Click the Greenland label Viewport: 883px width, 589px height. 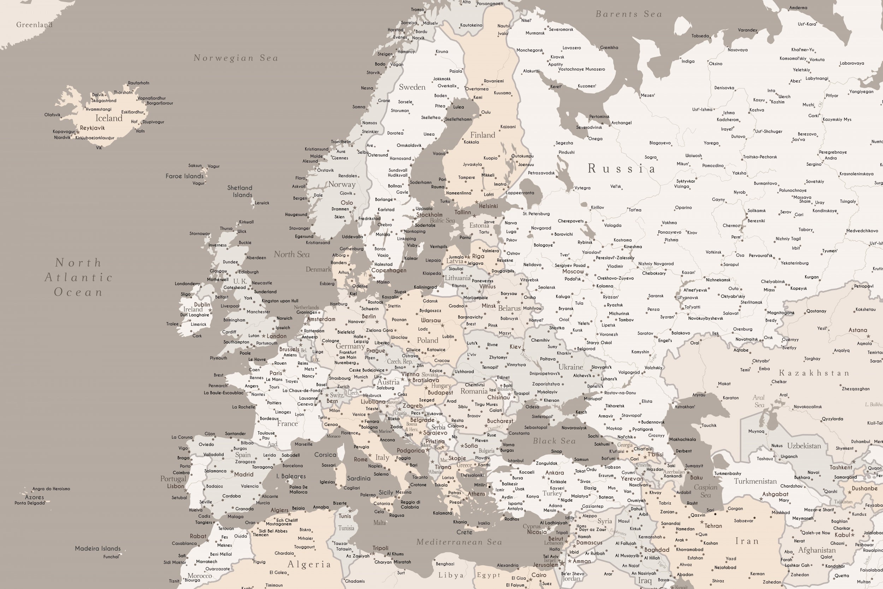tap(34, 25)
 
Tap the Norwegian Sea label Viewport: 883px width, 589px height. tap(236, 58)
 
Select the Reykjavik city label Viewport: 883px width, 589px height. tap(92, 128)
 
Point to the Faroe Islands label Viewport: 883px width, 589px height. tap(184, 176)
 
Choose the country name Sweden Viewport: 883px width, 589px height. tap(412, 87)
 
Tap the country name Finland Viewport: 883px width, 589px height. tap(482, 135)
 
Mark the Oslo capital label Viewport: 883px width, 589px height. tap(346, 202)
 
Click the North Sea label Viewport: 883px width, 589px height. tap(292, 254)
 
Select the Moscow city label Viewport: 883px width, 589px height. tap(573, 271)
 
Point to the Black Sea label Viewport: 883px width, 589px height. tap(554, 441)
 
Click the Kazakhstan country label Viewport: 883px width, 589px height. tap(813, 373)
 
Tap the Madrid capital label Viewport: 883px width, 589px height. tap(244, 474)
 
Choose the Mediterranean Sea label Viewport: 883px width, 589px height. tap(459, 542)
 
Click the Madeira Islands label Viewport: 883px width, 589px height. tap(97, 548)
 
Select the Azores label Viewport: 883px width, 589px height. tap(35, 497)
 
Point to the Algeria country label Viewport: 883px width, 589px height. tap(309, 564)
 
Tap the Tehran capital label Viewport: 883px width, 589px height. tap(713, 526)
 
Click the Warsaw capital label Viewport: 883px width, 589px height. tap(431, 320)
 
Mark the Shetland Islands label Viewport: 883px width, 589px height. tap(240, 191)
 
